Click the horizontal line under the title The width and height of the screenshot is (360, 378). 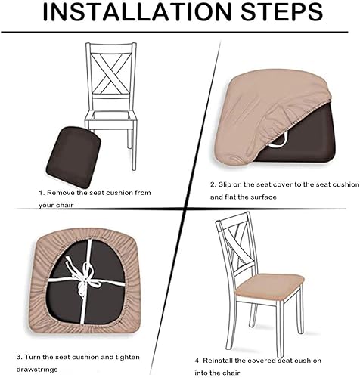tap(180, 33)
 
